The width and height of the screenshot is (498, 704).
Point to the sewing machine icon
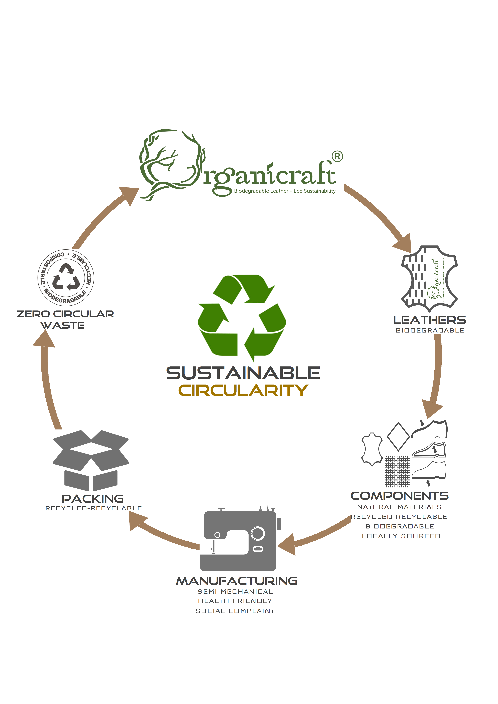239,540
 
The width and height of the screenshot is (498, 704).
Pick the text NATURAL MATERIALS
399,507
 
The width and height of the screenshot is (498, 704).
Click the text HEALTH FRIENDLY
235,601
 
